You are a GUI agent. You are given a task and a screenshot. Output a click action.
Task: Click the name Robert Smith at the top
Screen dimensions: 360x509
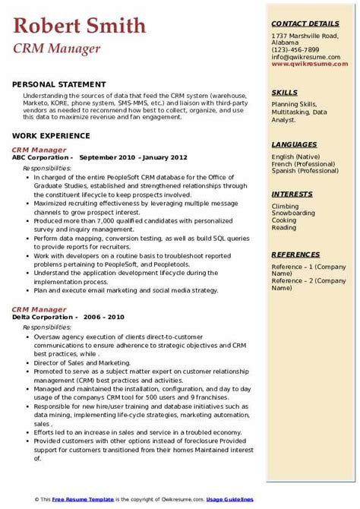[79, 27]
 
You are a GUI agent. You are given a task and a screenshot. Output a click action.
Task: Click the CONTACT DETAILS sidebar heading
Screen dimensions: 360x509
[305, 24]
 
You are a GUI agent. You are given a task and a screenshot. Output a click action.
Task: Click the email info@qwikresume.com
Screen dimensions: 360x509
[308, 58]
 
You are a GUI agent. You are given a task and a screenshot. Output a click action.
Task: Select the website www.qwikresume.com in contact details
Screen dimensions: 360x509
[308, 65]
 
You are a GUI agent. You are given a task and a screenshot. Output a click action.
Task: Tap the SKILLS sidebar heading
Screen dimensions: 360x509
[285, 92]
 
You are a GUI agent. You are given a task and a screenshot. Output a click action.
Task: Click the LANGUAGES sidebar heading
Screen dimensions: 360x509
[295, 144]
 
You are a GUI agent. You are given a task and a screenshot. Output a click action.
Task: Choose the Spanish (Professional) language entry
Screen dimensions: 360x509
[305, 171]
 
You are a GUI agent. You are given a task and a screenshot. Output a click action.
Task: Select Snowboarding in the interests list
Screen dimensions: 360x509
[293, 213]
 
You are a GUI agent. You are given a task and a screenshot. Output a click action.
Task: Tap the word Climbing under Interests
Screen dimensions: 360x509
[286, 206]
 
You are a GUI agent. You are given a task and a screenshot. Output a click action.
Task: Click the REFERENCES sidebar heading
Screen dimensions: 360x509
[297, 254]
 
